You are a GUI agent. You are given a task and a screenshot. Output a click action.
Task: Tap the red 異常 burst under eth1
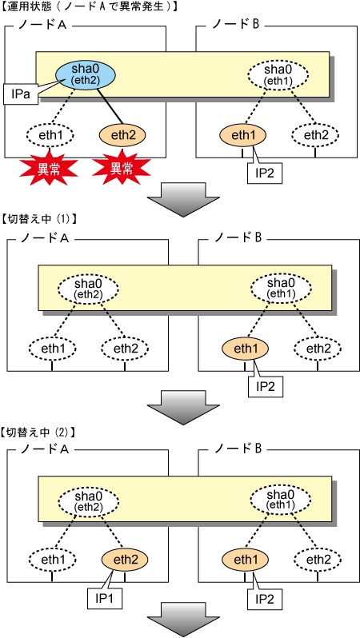(x=49, y=169)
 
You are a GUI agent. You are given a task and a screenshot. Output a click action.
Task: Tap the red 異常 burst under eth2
(x=122, y=169)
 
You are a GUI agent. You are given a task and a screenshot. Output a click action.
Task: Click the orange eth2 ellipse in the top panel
(x=122, y=135)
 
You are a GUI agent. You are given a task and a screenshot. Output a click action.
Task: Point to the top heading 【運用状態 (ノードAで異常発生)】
(x=89, y=6)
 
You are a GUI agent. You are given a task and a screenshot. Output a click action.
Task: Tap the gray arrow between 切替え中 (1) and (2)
(x=182, y=408)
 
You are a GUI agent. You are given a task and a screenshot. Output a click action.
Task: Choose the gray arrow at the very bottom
(x=182, y=622)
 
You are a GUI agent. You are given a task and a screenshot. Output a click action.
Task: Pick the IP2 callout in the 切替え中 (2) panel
(x=265, y=600)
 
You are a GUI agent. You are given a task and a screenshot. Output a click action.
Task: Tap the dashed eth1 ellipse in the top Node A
(x=50, y=135)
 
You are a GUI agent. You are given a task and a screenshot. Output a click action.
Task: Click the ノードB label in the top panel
(x=235, y=26)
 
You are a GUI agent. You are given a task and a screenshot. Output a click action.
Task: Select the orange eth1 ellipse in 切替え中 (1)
(x=245, y=349)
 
